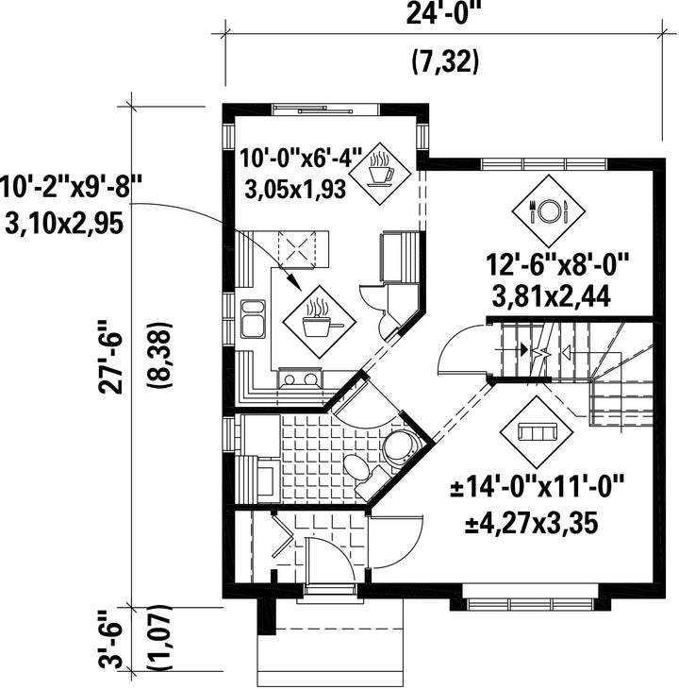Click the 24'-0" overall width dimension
point(444,14)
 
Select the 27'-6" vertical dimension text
point(109,357)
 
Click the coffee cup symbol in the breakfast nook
point(381,173)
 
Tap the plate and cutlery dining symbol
point(548,210)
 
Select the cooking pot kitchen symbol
point(319,322)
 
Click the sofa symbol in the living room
point(538,432)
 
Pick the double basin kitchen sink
point(253,318)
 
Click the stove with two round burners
point(300,378)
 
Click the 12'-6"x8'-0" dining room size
point(557,264)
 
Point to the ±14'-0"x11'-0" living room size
point(538,486)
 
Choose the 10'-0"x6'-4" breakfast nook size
point(301,159)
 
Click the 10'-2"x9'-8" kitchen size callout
point(70,188)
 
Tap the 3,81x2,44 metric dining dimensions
point(552,297)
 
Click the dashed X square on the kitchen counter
point(297,249)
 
